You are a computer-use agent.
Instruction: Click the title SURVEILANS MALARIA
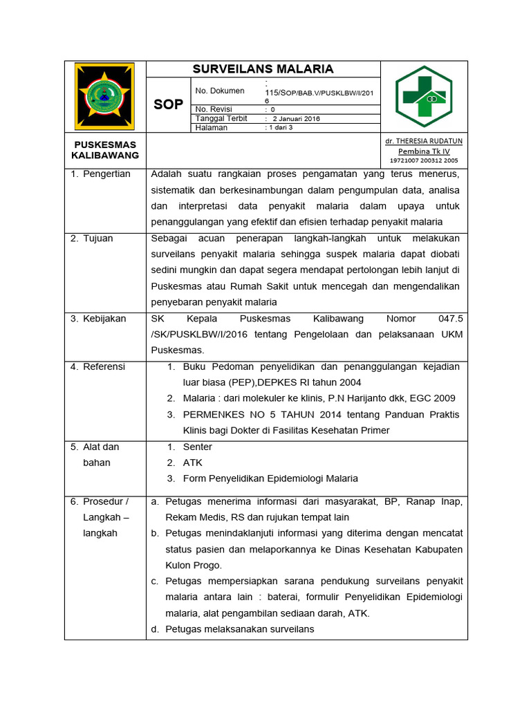(x=263, y=69)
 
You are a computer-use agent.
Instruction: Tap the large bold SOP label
(x=168, y=104)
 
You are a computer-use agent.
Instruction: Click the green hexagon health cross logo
(x=424, y=97)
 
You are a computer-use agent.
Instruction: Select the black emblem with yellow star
(x=105, y=96)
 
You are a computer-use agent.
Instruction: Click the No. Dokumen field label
(x=220, y=91)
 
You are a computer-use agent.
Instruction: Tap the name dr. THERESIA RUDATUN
(x=424, y=141)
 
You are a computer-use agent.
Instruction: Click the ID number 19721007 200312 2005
(x=424, y=160)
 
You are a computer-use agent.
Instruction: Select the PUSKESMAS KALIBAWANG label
(x=105, y=150)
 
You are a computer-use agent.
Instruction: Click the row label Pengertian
(x=106, y=174)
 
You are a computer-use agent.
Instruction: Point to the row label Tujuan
(x=97, y=239)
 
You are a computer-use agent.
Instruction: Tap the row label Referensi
(x=104, y=366)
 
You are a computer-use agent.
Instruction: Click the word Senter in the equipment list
(x=198, y=447)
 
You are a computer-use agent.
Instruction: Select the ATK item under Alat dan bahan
(x=193, y=463)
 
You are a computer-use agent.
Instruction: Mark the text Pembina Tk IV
(x=424, y=151)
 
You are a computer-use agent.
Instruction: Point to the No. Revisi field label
(x=214, y=109)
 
